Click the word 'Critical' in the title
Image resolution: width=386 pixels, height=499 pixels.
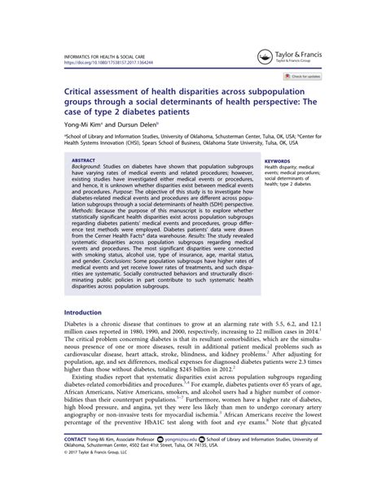pyautogui.click(x=84, y=94)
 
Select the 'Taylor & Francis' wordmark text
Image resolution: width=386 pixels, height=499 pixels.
pyautogui.click(x=299, y=54)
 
